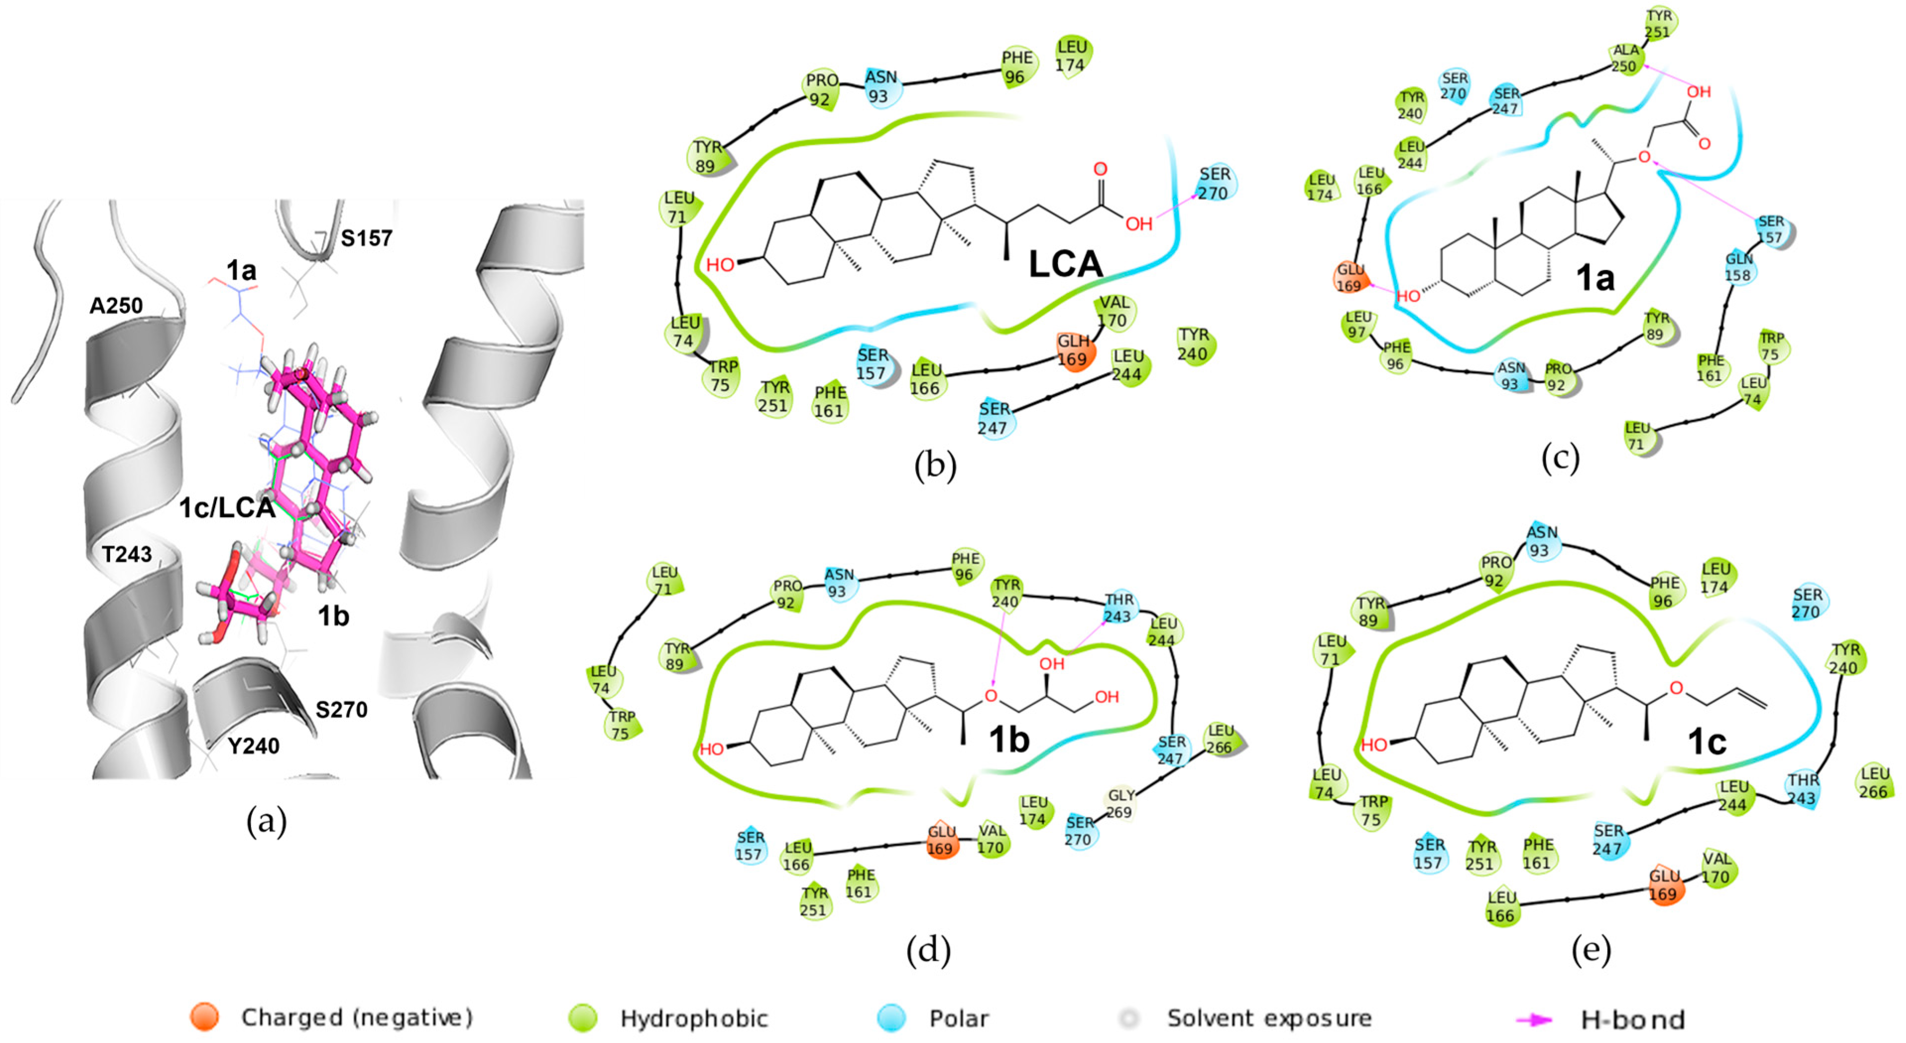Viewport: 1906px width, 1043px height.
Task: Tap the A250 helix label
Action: point(116,305)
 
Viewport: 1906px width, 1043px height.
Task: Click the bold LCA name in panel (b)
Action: point(1065,265)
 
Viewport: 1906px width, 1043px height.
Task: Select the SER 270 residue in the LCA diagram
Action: point(1213,183)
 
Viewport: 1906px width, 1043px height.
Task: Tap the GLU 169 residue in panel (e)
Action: point(1664,885)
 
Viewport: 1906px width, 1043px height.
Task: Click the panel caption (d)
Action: point(928,950)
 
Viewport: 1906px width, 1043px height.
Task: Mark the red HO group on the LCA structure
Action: point(719,265)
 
